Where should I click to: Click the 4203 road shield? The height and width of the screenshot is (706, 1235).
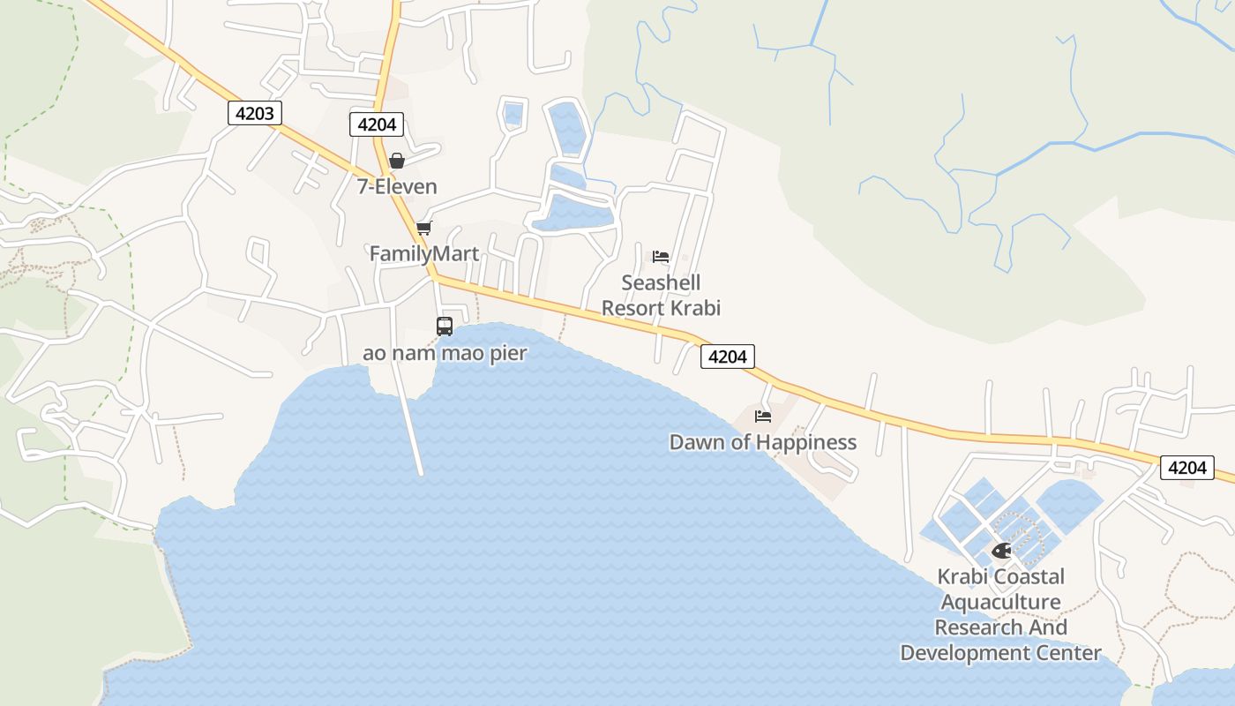point(255,113)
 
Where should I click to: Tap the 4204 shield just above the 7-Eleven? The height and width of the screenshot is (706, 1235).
point(377,124)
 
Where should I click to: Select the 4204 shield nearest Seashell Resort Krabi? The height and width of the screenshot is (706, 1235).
point(728,357)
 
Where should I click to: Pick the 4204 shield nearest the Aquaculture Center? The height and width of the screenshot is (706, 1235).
point(1186,468)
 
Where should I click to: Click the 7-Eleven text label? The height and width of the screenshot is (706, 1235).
point(397,186)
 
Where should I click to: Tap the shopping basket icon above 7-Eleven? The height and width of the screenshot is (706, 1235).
point(397,161)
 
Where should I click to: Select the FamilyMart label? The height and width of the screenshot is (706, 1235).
point(424,254)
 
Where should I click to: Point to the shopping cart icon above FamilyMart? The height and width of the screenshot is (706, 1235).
point(424,229)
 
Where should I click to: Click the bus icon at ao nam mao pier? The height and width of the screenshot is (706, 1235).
point(445,327)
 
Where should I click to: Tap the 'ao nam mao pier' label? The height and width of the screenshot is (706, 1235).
point(445,354)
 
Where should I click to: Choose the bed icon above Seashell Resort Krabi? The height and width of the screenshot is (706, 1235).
point(661,257)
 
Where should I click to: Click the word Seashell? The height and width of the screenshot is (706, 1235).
point(661,282)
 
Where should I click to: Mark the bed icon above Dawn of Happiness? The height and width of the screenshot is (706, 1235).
point(763,416)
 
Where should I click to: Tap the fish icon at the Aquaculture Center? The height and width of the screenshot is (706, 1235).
point(1001,551)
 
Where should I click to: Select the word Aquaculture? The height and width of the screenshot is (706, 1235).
point(1000,602)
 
